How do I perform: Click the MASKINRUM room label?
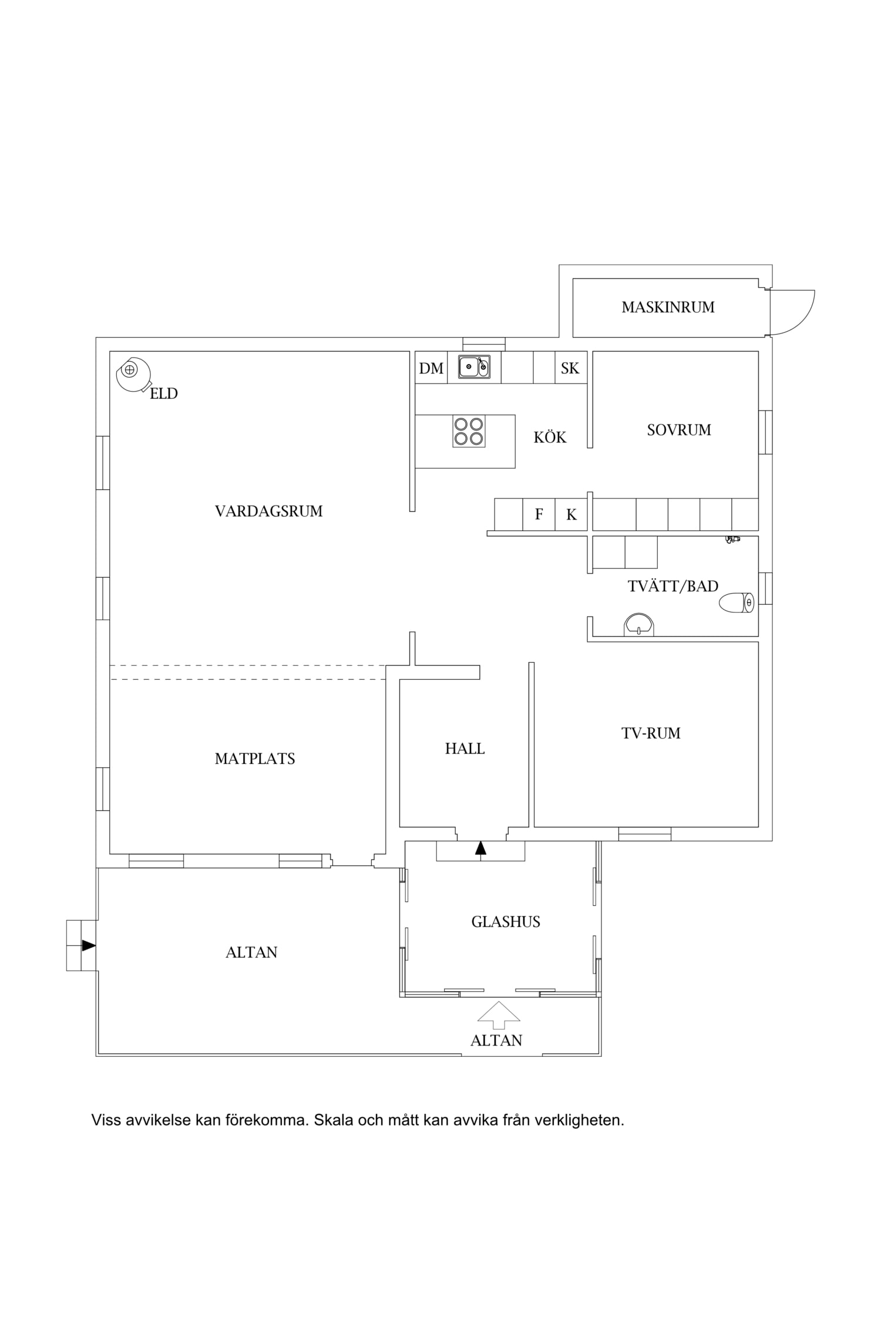pyautogui.click(x=668, y=307)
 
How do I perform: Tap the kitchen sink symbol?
pyautogui.click(x=474, y=366)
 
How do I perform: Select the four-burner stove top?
pyautogui.click(x=469, y=432)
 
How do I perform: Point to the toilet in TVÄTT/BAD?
pyautogui.click(x=737, y=602)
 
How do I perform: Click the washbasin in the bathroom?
pyautogui.click(x=638, y=624)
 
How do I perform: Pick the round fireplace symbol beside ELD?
pyautogui.click(x=132, y=373)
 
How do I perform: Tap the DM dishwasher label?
pyautogui.click(x=431, y=368)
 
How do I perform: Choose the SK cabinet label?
pyautogui.click(x=570, y=368)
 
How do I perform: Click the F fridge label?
pyautogui.click(x=539, y=514)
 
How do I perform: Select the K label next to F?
pyautogui.click(x=571, y=515)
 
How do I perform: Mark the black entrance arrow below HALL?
pyautogui.click(x=481, y=847)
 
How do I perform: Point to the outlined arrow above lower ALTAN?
pyautogui.click(x=499, y=1015)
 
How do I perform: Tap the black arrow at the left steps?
pyautogui.click(x=89, y=945)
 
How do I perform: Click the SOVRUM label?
pyautogui.click(x=679, y=430)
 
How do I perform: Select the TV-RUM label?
pyautogui.click(x=651, y=733)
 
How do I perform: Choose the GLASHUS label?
pyautogui.click(x=506, y=922)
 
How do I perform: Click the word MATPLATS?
pyautogui.click(x=255, y=759)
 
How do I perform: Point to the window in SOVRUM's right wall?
pyautogui.click(x=765, y=432)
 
